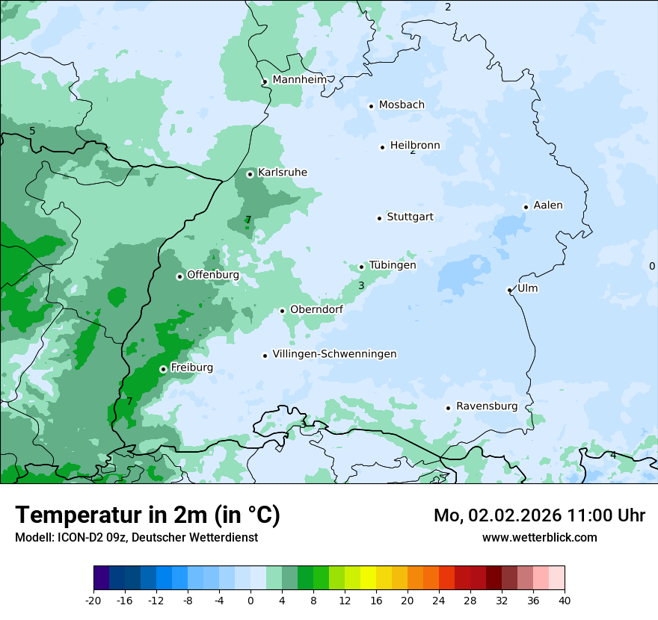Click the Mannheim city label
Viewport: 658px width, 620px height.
pyautogui.click(x=299, y=80)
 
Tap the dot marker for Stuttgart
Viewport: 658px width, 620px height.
pyautogui.click(x=379, y=218)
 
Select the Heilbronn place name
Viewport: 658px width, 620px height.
pyautogui.click(x=415, y=146)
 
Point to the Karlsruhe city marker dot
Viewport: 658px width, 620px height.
pyautogui.click(x=250, y=174)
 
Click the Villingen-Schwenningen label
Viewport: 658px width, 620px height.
pyautogui.click(x=334, y=354)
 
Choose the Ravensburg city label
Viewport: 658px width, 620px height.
pyautogui.click(x=487, y=406)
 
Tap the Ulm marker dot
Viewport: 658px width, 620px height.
pyautogui.click(x=509, y=290)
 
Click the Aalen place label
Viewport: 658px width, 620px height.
pyautogui.click(x=548, y=205)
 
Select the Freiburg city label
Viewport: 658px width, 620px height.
pyautogui.click(x=191, y=368)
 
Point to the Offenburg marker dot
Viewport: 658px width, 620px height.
pyautogui.click(x=179, y=276)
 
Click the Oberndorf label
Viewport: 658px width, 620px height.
pyautogui.click(x=316, y=309)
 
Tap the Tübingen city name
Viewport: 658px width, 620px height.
pyautogui.click(x=393, y=265)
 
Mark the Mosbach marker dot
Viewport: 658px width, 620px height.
pyautogui.click(x=371, y=106)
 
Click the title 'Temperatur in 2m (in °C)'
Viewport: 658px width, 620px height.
pyautogui.click(x=147, y=515)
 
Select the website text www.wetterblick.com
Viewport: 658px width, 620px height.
pyautogui.click(x=539, y=537)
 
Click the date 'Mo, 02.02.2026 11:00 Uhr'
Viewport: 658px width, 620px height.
pyautogui.click(x=539, y=515)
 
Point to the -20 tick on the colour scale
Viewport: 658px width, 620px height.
pyautogui.click(x=93, y=600)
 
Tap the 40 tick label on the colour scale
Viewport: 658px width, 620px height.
pyautogui.click(x=564, y=600)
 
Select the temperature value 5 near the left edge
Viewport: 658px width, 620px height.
pyautogui.click(x=32, y=131)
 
